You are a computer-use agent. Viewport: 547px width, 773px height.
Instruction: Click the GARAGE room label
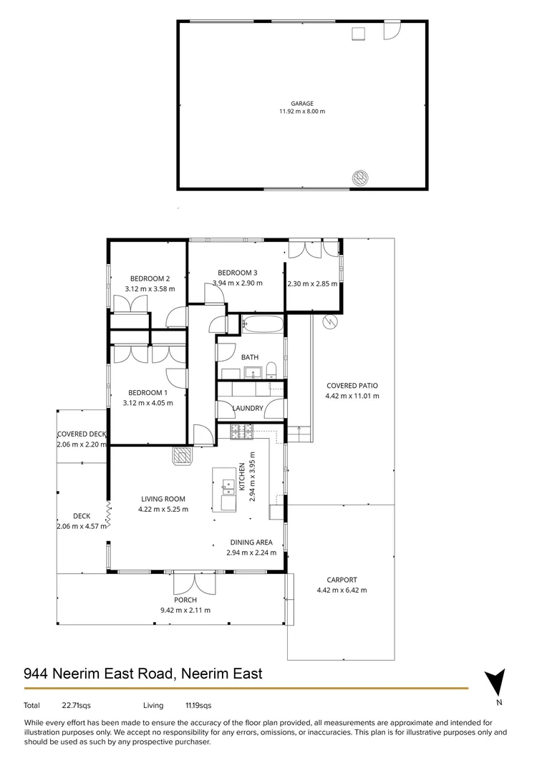coord(302,103)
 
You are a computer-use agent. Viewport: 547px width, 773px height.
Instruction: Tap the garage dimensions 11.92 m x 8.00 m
coord(302,112)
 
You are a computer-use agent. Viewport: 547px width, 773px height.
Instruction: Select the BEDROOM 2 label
coord(150,279)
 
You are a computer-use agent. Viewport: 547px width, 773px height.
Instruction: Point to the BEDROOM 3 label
coord(237,273)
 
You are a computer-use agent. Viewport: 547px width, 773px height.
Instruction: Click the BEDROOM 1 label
coord(147,392)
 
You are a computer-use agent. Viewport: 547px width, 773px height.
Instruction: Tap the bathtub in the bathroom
coord(263,324)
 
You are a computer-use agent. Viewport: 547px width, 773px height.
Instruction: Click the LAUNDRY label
coord(248,409)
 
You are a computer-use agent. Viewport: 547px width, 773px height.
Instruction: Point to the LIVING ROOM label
coord(163,500)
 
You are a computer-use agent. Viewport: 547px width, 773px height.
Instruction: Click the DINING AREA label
coord(251,543)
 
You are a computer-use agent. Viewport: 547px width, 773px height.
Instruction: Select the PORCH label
coord(185,600)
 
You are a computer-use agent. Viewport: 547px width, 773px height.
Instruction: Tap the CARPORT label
coord(342,580)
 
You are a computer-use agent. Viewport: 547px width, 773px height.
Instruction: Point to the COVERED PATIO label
coord(352,386)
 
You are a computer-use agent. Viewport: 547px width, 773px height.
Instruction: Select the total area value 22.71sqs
coord(77,706)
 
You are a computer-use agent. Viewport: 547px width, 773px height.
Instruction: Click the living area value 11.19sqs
coord(198,706)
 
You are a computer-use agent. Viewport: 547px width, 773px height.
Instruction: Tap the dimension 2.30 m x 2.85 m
coord(312,283)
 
